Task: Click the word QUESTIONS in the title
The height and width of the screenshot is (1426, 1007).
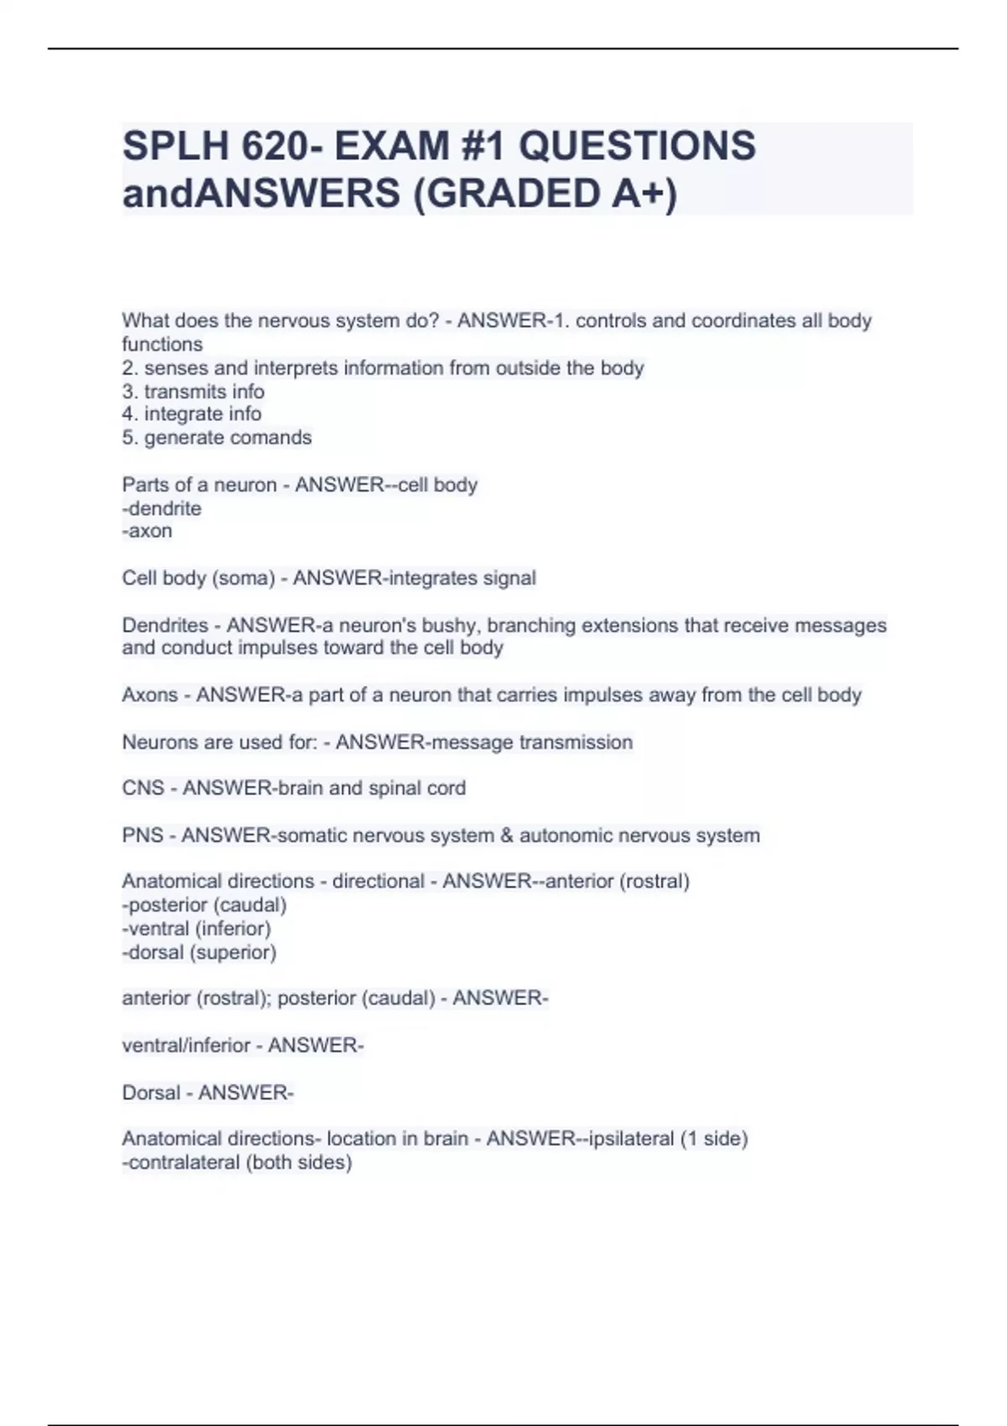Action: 637,146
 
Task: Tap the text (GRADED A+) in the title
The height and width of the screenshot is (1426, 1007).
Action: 545,194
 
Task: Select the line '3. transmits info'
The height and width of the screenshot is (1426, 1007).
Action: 193,392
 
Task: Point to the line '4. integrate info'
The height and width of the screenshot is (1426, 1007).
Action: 191,414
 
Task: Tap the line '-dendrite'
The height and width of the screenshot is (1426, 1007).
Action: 162,508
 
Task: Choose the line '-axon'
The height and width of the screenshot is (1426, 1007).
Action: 148,531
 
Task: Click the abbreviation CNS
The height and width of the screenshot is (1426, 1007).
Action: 143,788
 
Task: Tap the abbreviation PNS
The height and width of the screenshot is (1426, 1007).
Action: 142,835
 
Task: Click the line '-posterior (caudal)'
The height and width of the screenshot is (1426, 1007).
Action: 205,905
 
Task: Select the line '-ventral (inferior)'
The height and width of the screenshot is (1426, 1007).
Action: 196,929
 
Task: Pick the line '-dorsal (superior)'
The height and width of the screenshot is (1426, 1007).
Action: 200,952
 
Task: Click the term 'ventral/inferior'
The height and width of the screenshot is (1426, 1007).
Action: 186,1045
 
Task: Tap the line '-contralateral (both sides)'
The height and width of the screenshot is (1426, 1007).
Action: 237,1163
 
